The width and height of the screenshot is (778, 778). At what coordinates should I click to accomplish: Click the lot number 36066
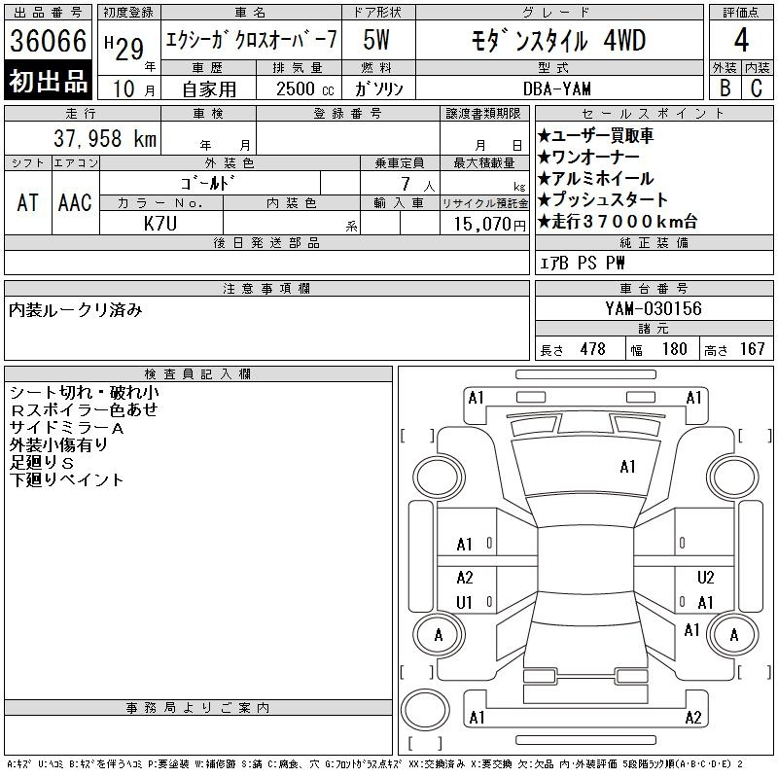[x=48, y=41]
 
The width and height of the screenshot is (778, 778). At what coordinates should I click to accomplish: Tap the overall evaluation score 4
[x=741, y=40]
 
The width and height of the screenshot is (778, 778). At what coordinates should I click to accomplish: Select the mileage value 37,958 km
[x=105, y=138]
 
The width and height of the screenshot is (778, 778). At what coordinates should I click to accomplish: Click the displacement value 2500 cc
[x=304, y=88]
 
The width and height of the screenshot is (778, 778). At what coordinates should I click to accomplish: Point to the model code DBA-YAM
[x=556, y=88]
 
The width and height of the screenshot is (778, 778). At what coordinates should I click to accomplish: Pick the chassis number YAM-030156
[x=653, y=308]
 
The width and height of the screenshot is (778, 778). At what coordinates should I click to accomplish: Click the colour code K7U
[x=159, y=224]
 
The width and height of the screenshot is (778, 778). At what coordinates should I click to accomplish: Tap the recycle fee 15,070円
[x=489, y=225]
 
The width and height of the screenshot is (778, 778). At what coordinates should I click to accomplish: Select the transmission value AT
[x=27, y=202]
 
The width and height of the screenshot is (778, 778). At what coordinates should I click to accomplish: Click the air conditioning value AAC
[x=75, y=202]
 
